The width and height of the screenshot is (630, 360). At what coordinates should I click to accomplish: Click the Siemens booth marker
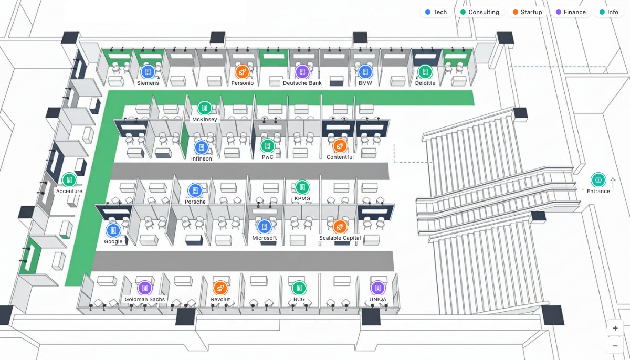click(148, 72)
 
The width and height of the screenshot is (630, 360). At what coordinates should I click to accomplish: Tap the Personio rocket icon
click(242, 72)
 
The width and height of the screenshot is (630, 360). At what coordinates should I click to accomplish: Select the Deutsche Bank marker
click(302, 72)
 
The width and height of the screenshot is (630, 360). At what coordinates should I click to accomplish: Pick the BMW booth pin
click(365, 72)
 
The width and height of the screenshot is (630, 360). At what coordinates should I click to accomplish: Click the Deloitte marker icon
click(425, 72)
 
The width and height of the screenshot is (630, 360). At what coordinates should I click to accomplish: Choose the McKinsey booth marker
click(204, 108)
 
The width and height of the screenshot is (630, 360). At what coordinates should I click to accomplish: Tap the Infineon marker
click(201, 147)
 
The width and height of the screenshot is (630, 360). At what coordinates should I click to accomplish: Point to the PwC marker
click(267, 146)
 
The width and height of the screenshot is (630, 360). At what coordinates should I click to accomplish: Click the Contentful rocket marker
click(340, 146)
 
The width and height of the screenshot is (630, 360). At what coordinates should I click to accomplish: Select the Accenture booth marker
click(69, 180)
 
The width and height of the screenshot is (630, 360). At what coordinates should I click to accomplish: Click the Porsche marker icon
click(195, 190)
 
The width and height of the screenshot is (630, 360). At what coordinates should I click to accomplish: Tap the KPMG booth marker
click(302, 187)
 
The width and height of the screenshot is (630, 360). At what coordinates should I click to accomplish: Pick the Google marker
click(113, 230)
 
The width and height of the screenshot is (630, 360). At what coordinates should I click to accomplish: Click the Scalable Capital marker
click(340, 227)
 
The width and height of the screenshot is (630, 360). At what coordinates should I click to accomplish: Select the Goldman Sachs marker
click(144, 288)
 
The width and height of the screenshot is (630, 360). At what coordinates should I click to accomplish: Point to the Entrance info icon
click(598, 180)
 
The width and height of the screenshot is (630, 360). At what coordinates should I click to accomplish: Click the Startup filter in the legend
click(527, 12)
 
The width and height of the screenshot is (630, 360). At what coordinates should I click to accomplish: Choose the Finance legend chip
click(570, 12)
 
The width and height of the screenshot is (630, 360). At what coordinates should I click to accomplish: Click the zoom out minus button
click(615, 345)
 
